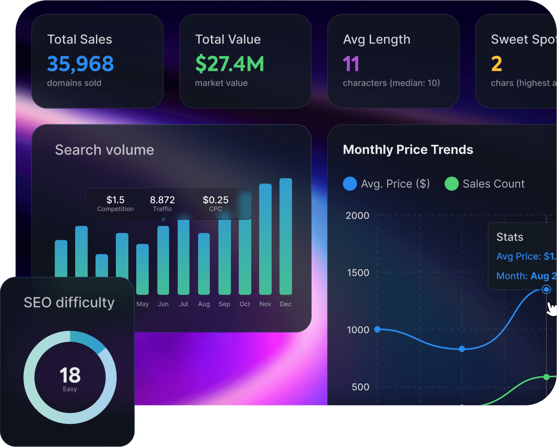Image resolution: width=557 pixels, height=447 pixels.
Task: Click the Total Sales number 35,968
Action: (80, 64)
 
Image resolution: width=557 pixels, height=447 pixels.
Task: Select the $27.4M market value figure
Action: (229, 64)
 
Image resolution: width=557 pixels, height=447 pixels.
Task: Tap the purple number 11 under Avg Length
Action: (351, 64)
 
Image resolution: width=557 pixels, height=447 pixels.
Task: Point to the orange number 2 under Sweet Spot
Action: (496, 64)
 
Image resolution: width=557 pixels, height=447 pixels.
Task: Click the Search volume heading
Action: (105, 150)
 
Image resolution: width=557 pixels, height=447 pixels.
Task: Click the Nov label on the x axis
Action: (265, 304)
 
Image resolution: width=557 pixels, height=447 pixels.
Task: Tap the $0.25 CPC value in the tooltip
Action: (215, 200)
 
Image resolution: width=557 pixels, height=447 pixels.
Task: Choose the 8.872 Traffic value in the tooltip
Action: (162, 200)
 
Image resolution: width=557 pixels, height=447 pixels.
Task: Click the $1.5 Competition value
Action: (115, 200)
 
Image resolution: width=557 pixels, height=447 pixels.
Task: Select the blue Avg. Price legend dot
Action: (350, 184)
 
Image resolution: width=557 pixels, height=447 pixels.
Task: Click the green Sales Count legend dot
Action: (451, 184)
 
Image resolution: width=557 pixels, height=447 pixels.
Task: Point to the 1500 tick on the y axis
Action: (358, 273)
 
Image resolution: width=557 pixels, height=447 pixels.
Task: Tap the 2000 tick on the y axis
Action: (357, 216)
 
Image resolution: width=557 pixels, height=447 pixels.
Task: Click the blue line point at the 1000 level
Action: (377, 329)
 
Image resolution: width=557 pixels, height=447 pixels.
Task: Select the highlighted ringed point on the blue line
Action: (546, 289)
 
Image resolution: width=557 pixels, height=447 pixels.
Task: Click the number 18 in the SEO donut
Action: (70, 375)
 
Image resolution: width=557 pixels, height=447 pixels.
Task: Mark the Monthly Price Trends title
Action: (408, 150)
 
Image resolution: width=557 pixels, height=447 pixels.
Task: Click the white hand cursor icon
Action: (552, 309)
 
